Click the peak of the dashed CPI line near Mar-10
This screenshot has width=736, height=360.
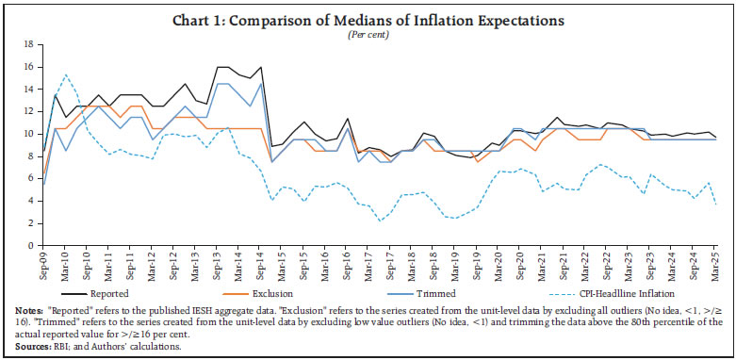(x=66, y=75)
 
